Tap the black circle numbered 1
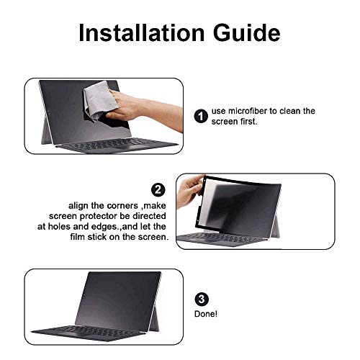pyautogui.click(x=201, y=115)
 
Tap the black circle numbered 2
pyautogui.click(x=158, y=190)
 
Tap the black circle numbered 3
pyautogui.click(x=201, y=300)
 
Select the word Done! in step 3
pyautogui.click(x=204, y=315)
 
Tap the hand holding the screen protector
pyautogui.click(x=194, y=198)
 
